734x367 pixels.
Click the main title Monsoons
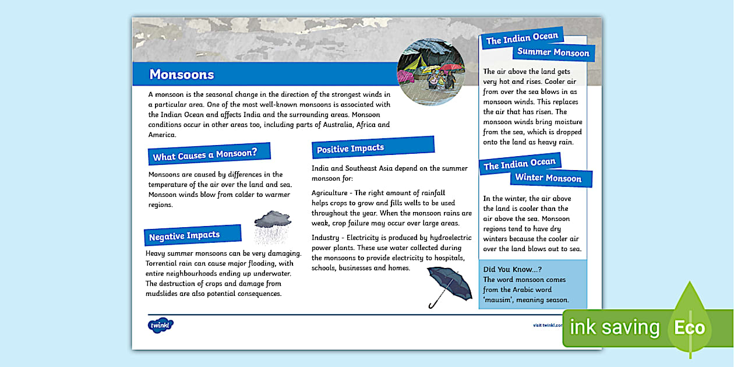click(182, 75)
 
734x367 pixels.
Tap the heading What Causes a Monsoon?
click(204, 155)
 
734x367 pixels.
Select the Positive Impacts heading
click(350, 149)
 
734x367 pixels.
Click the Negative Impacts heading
click(184, 236)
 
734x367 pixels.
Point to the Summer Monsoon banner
click(553, 52)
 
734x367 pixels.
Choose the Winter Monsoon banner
click(548, 178)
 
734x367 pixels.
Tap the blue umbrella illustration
click(449, 285)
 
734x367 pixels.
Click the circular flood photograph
click(430, 72)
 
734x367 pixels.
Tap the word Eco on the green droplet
click(689, 327)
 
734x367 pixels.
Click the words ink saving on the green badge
click(615, 327)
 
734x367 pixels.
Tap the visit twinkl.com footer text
click(548, 325)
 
